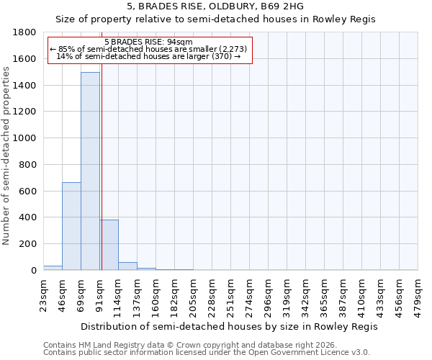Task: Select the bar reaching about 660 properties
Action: [71, 226]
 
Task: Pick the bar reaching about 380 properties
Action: [109, 245]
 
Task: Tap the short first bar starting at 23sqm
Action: [53, 268]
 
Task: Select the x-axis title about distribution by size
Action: [229, 326]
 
